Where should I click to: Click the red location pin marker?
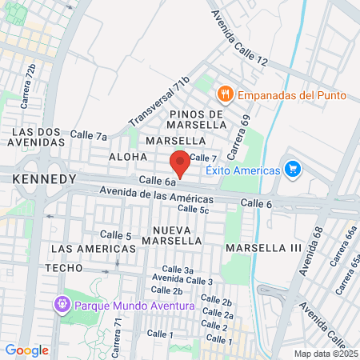click(x=180, y=162)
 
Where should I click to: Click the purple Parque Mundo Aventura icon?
click(x=62, y=305)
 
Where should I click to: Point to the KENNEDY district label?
click(x=45, y=179)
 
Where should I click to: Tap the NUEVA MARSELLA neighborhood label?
click(x=172, y=234)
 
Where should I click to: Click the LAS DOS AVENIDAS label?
click(x=38, y=137)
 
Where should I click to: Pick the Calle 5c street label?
click(x=193, y=209)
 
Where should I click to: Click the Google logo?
click(x=27, y=350)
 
